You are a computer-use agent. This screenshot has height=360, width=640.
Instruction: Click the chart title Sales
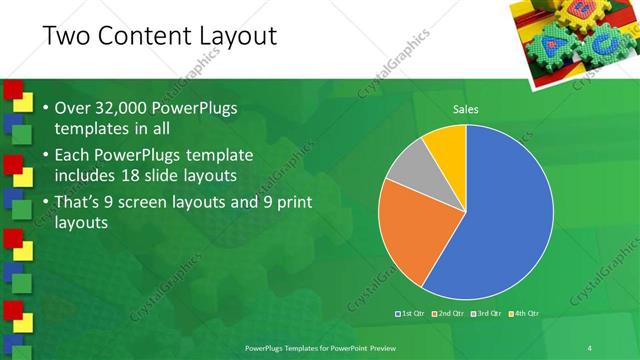(466, 109)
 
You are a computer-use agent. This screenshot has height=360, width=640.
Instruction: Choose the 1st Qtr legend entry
(413, 314)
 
